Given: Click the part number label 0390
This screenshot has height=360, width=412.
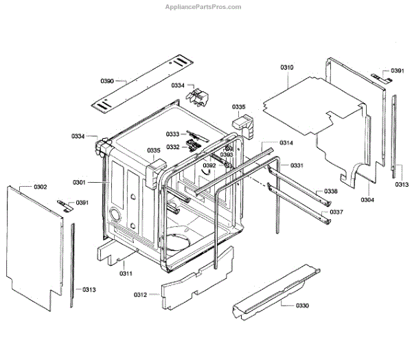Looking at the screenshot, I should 107,82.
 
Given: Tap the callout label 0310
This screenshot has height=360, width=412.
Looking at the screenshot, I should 287,67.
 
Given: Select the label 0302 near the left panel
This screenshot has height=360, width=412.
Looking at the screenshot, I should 41,187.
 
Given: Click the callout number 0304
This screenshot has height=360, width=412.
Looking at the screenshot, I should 367,200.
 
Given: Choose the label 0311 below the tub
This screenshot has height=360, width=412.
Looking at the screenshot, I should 126,273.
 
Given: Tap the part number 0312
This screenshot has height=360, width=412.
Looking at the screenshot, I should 140,295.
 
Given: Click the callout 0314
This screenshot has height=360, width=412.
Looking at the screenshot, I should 286,143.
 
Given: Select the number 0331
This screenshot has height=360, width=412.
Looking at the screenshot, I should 297,166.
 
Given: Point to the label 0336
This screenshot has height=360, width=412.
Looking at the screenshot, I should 331,191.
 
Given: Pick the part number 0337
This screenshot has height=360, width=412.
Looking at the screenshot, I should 336,212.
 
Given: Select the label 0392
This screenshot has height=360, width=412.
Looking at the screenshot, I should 209,166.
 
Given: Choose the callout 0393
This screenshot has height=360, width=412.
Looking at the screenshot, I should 227,155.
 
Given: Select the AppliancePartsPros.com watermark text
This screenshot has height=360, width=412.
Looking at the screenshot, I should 205,7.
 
